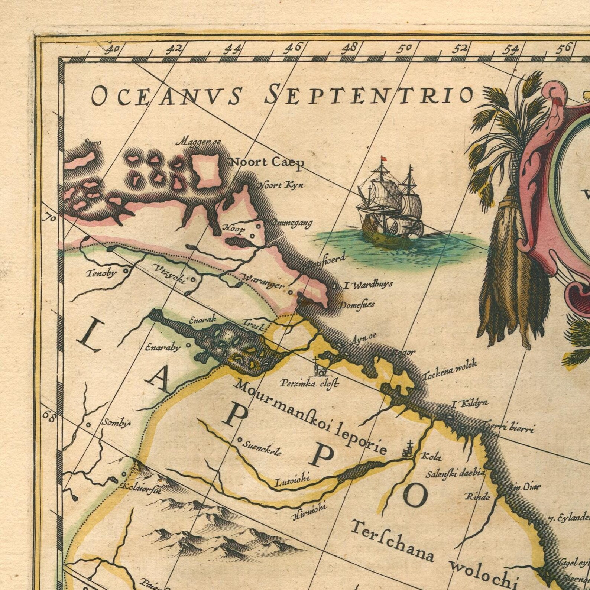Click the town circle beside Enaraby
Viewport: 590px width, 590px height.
pyautogui.click(x=188, y=345)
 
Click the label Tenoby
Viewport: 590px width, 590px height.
pyautogui.click(x=101, y=274)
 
